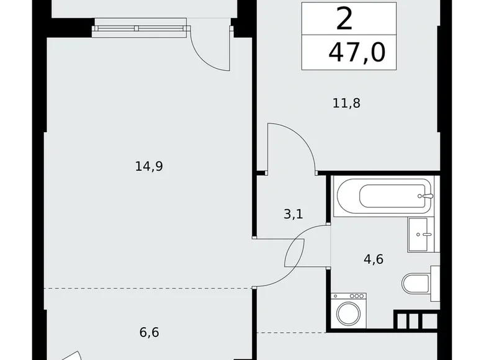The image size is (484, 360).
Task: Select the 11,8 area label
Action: tap(346, 102)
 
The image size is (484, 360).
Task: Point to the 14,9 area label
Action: tap(148, 166)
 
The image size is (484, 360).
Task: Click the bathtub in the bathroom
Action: tap(381, 197)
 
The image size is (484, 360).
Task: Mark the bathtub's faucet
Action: tap(424, 196)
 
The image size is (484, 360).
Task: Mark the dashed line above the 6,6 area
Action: tap(149, 288)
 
